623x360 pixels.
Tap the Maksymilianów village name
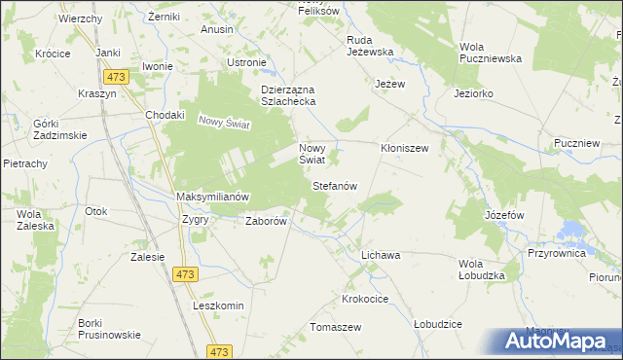[x=213, y=197]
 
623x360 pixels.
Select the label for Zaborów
[x=266, y=221]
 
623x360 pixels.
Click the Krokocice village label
[x=366, y=298]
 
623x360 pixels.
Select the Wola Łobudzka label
[x=484, y=270]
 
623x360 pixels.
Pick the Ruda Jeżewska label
[x=369, y=46]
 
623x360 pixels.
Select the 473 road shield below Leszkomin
[x=222, y=350]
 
